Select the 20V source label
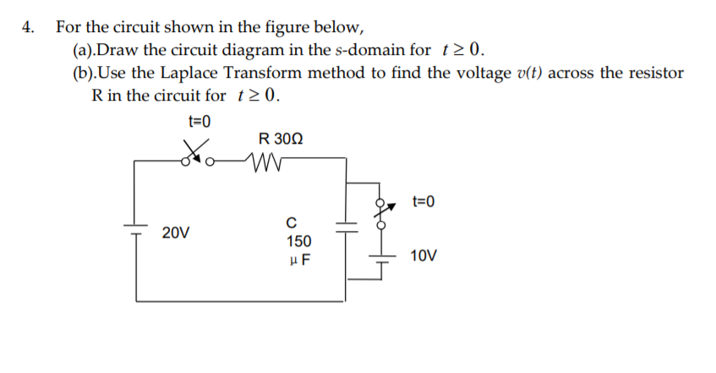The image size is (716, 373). pos(176,231)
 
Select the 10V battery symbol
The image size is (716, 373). pos(381,256)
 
